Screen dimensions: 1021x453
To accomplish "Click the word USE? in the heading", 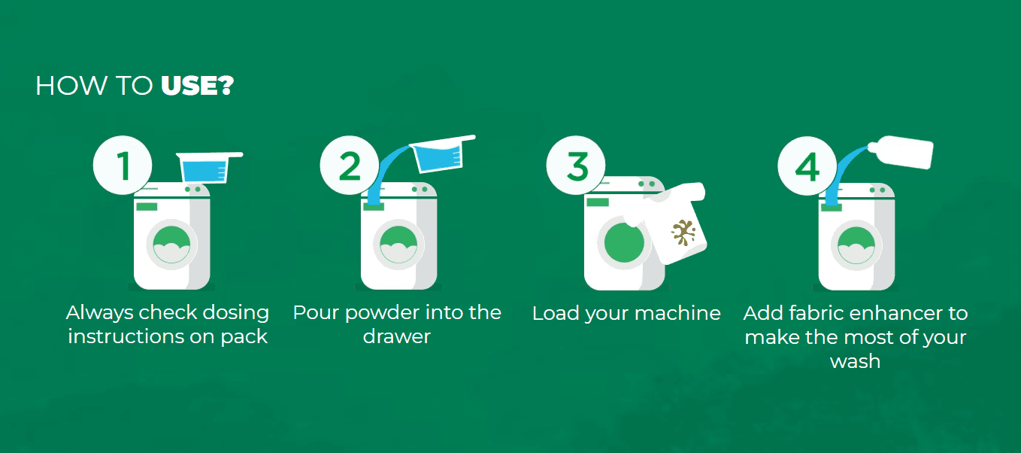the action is tap(198, 85).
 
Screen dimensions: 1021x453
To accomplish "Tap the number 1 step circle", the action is tap(123, 165).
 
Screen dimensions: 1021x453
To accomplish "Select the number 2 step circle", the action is tap(350, 165).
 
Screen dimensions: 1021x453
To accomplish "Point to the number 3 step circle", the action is tap(576, 165).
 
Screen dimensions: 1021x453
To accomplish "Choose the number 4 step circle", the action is tap(807, 166).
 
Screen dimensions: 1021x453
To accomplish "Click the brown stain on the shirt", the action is tap(683, 233).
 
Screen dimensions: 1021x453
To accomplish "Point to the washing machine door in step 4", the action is tap(856, 246).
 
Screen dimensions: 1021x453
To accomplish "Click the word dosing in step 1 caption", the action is tap(235, 314).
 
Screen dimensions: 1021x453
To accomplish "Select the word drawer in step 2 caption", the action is tap(396, 337).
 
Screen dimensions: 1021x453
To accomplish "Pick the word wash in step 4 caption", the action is tap(855, 361).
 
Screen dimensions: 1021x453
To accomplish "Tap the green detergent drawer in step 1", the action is tap(147, 207).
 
